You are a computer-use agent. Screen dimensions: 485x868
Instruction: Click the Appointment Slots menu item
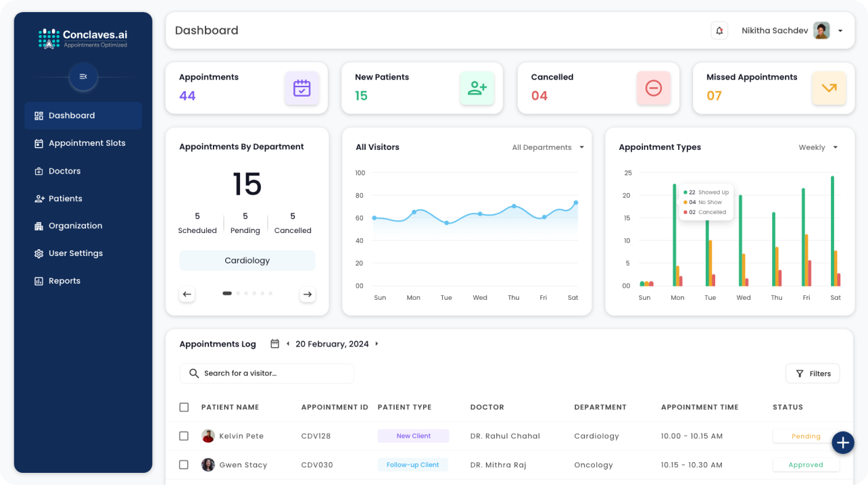[87, 143]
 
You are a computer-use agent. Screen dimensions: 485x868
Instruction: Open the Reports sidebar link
[64, 281]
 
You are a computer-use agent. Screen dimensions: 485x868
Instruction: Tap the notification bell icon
[719, 30]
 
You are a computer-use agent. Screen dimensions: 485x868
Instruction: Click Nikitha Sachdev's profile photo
[821, 30]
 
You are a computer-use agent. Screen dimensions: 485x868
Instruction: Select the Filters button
[813, 374]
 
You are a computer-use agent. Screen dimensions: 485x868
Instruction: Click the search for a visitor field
[266, 374]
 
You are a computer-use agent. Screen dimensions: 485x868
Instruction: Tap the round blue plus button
[842, 442]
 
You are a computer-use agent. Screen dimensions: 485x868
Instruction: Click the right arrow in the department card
[308, 294]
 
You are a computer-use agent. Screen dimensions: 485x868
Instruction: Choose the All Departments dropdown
[548, 147]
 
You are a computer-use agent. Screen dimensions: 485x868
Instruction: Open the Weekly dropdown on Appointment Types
[818, 147]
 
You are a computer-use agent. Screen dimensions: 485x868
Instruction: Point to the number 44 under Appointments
[187, 96]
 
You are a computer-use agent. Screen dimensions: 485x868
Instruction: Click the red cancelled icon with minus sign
[653, 88]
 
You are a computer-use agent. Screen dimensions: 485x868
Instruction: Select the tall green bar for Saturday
[832, 230]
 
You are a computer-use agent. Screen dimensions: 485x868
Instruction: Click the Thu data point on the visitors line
[514, 206]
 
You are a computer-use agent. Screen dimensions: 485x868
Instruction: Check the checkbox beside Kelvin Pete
[184, 436]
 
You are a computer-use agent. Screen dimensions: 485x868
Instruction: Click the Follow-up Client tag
[412, 465]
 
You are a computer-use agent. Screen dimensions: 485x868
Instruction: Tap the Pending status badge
[806, 436]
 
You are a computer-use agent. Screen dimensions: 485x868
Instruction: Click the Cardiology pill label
[247, 261]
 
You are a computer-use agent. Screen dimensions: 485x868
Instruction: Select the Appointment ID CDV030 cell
[316, 465]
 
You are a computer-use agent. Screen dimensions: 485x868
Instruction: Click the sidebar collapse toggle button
[83, 76]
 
